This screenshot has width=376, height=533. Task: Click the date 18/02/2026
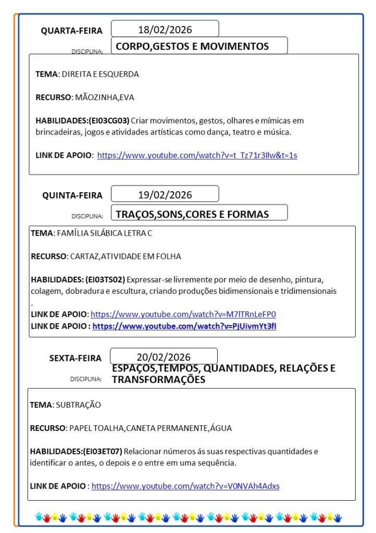tap(165, 29)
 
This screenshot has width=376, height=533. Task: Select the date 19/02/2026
tap(165, 195)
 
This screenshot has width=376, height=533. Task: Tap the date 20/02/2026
tap(164, 357)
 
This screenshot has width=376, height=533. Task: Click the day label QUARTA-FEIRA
tap(72, 31)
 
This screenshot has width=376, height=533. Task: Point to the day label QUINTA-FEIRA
tap(72, 195)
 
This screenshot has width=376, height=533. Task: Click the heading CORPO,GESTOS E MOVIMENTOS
tap(192, 46)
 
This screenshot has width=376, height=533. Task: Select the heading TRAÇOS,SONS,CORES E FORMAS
tap(192, 214)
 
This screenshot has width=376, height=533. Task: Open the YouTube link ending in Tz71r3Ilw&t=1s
tap(197, 155)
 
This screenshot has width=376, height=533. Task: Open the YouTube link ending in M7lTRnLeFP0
tap(183, 314)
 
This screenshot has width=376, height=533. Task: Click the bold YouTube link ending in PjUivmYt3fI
tap(184, 326)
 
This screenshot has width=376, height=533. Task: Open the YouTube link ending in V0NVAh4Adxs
tap(185, 486)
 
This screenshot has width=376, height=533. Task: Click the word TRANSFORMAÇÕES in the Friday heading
tap(158, 380)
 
